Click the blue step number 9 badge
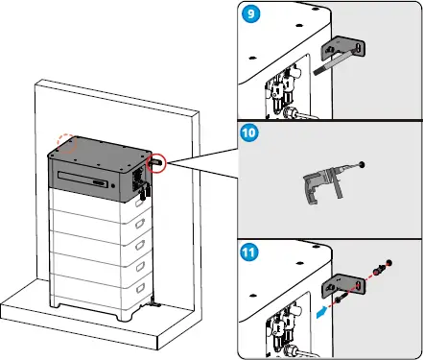pos(251,14)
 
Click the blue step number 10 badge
pos(249,132)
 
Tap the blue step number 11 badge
pos(248,252)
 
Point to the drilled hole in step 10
pos(362,164)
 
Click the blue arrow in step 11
pos(322,312)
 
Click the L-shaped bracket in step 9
pos(343,49)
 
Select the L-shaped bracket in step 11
pos(343,285)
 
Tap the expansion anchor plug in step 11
pos(380,269)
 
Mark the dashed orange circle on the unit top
pos(66,143)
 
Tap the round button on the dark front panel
pos(113,185)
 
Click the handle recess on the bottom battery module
pos(140,289)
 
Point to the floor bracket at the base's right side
pos(155,302)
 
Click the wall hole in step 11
pos(388,263)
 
